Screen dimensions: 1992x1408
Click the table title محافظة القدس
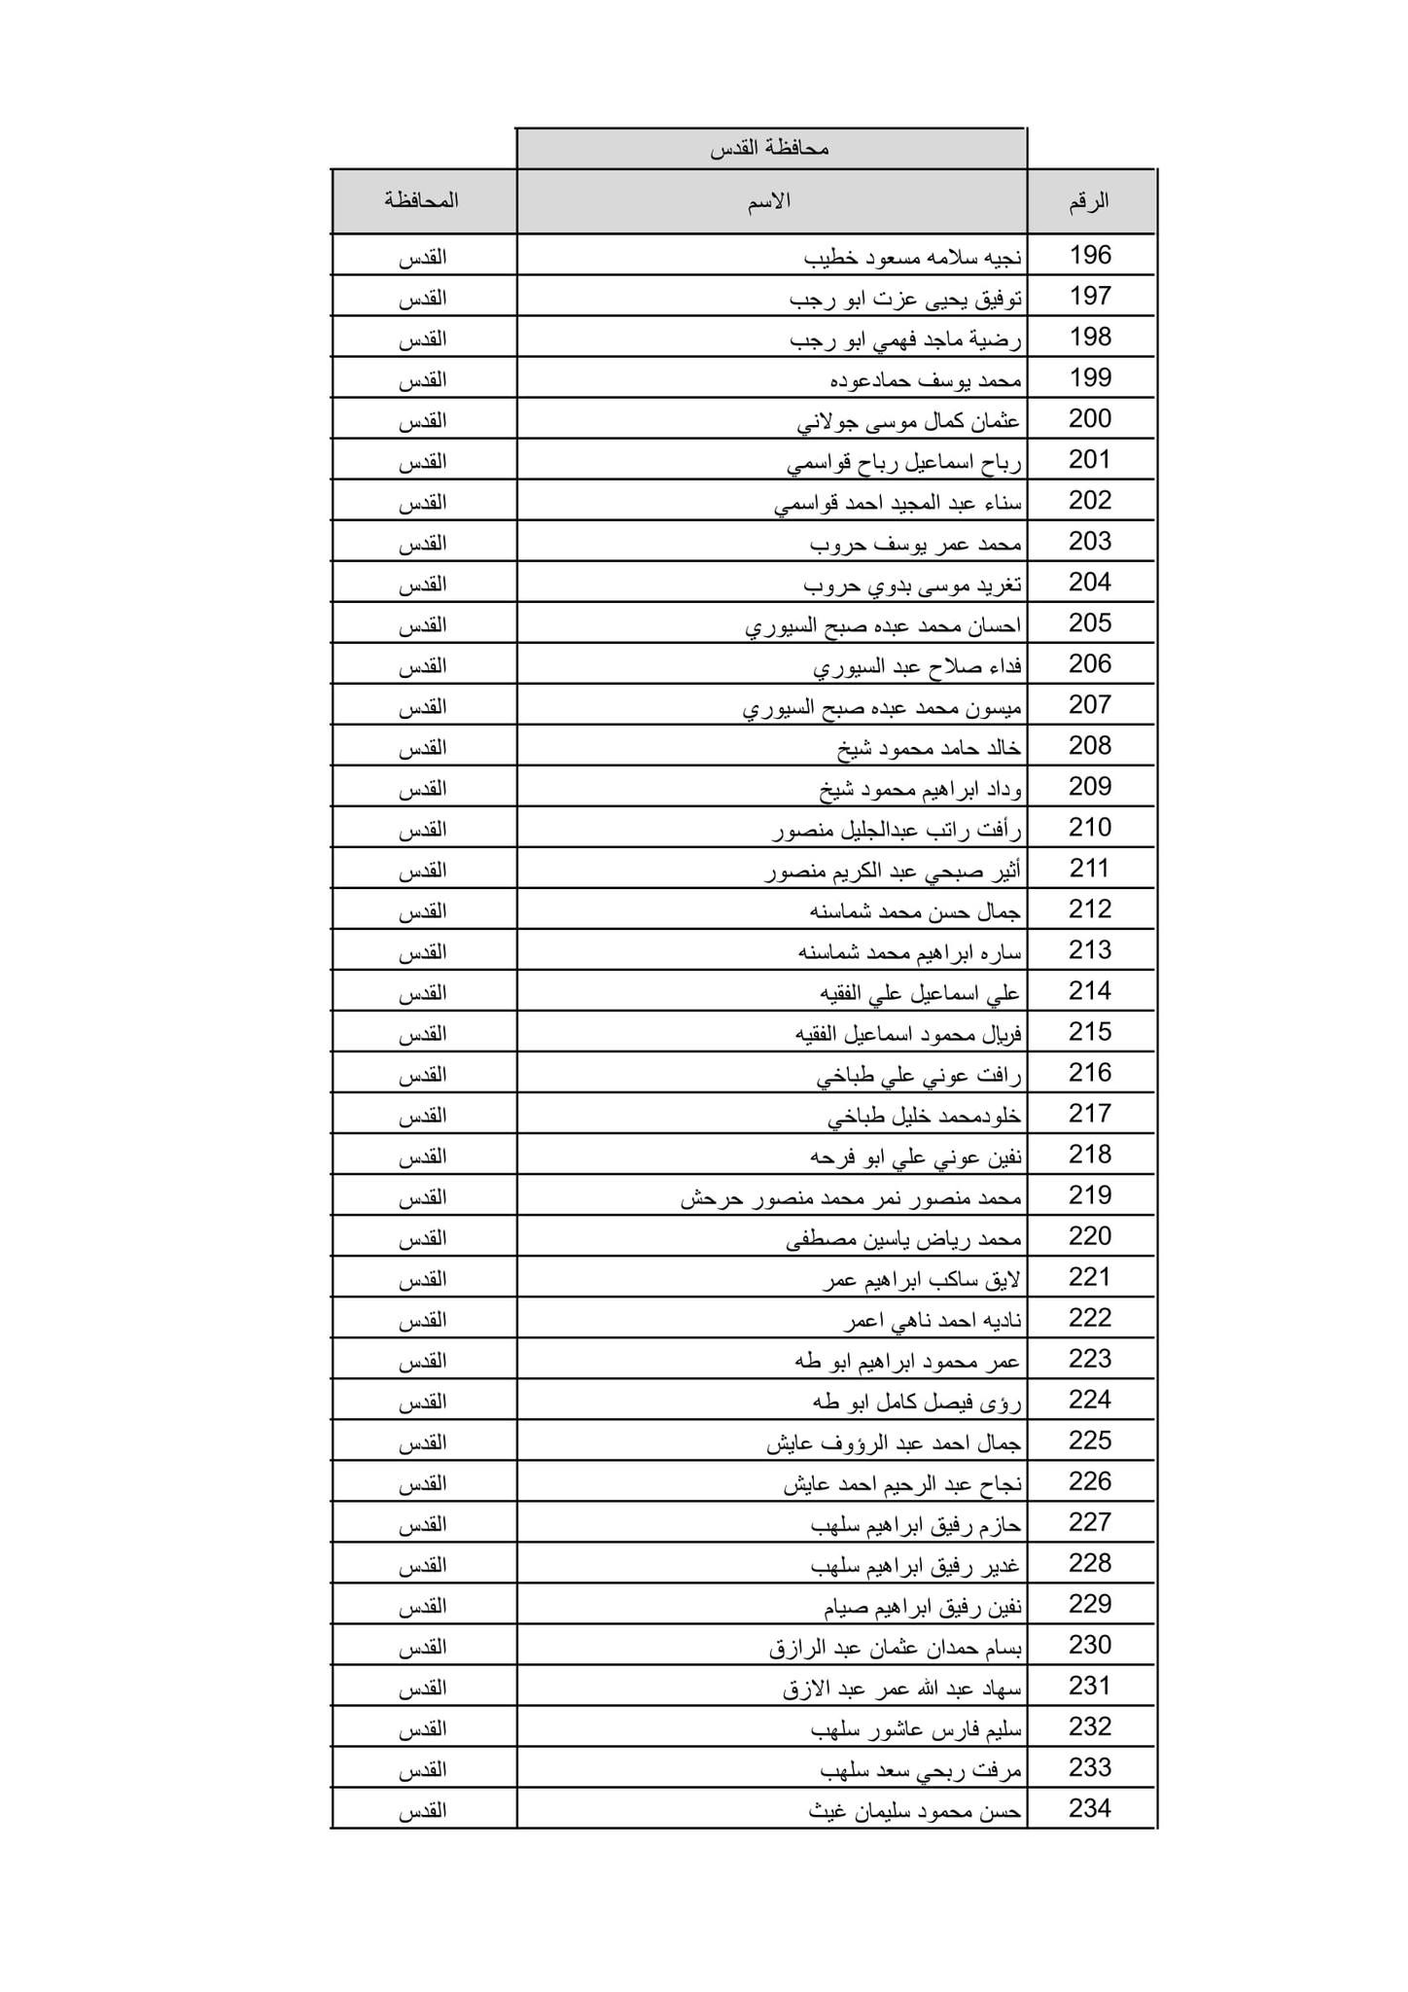tap(769, 150)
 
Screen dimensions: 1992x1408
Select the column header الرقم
tap(1089, 202)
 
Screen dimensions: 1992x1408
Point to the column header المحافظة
tap(421, 201)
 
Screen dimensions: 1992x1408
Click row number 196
tap(1090, 256)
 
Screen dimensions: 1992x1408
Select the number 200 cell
tap(1090, 419)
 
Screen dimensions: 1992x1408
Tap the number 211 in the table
tap(1090, 869)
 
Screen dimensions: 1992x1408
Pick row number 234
tap(1090, 1808)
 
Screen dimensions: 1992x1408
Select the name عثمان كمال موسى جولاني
tap(908, 421)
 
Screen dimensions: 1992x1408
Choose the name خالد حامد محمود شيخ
tap(929, 748)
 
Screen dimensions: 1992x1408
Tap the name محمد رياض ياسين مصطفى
tap(903, 1238)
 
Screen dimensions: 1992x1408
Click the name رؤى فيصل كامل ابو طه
tap(917, 1402)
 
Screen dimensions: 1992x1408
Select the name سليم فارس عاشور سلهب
tap(916, 1728)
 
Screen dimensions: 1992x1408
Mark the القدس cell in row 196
tap(422, 258)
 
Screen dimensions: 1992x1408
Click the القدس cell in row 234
tap(422, 1810)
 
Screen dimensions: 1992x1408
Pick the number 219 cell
tap(1090, 1195)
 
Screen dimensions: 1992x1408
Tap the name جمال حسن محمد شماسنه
tap(915, 911)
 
